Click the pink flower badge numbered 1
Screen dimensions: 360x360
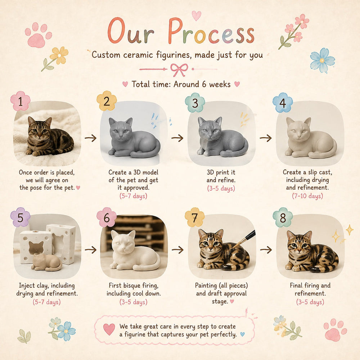tap(21, 101)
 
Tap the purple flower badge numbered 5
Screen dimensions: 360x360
tap(21, 217)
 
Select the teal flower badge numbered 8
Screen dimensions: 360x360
tap(283, 217)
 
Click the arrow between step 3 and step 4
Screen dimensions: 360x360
tap(266, 138)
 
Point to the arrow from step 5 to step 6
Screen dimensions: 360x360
tap(91, 249)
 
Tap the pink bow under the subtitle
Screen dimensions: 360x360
tap(179, 70)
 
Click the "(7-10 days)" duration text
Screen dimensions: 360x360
tap(307, 196)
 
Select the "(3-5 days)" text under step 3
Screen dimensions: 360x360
tap(221, 188)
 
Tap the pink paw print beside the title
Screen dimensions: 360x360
tap(38, 35)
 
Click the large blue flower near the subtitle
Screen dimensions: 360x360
tap(322, 60)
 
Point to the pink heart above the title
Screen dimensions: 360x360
tap(197, 15)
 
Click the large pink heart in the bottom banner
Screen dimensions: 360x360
tap(109, 329)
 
